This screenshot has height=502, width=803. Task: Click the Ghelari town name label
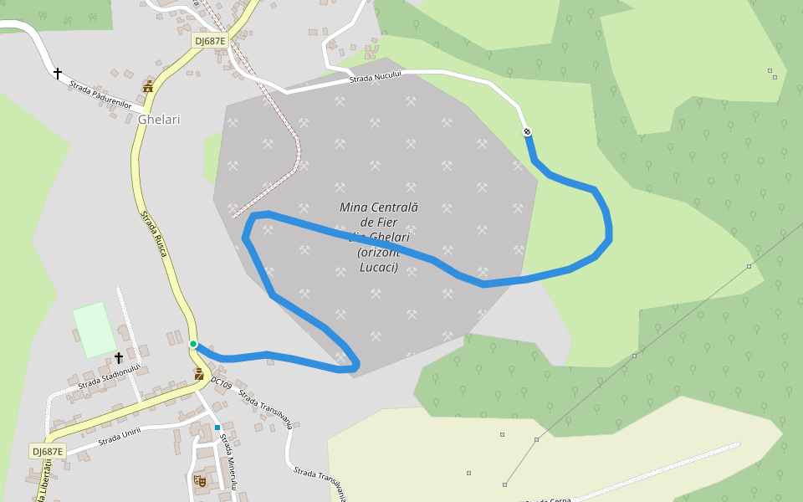point(159,120)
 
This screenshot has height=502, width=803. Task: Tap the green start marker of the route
point(193,344)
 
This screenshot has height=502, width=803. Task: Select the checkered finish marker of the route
point(527,131)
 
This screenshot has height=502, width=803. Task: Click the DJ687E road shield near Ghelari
point(209,40)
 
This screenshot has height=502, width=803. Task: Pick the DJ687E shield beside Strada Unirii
point(48,452)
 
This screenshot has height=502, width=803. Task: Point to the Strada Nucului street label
point(376,77)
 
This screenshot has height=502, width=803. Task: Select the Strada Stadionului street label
point(109,377)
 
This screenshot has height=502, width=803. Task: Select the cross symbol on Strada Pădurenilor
point(58,74)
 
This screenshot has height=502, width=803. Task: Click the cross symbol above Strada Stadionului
point(119,358)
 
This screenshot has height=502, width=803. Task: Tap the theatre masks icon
point(199,480)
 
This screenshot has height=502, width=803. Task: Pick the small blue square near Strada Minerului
point(217,428)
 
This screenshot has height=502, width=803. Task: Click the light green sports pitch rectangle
point(95,330)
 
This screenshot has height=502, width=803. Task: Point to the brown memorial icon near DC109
point(199,374)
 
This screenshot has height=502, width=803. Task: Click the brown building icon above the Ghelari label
point(148,86)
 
